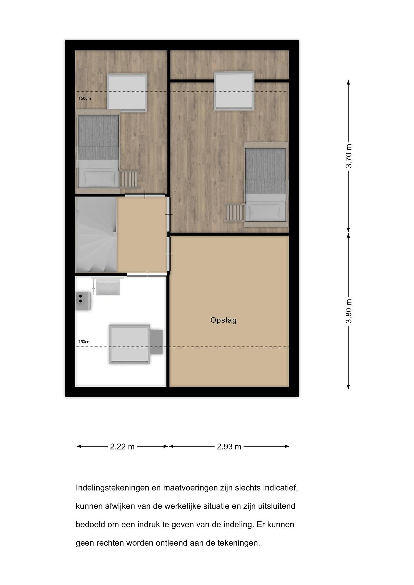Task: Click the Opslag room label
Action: pyautogui.click(x=223, y=320)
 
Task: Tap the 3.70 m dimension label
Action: pyautogui.click(x=349, y=156)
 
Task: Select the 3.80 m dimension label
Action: pyautogui.click(x=349, y=311)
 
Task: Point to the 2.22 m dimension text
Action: pyautogui.click(x=122, y=447)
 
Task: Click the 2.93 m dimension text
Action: pyautogui.click(x=229, y=447)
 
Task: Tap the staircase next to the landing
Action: pyautogui.click(x=96, y=234)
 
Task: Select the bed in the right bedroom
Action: pyautogui.click(x=266, y=185)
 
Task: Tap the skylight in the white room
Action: pyautogui.click(x=129, y=344)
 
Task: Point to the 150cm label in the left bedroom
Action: pyautogui.click(x=84, y=98)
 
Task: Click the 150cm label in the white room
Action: pyautogui.click(x=84, y=342)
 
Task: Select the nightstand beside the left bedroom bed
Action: pyautogui.click(x=130, y=179)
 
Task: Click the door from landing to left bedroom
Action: pyautogui.click(x=145, y=195)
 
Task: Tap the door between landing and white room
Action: pyautogui.click(x=147, y=274)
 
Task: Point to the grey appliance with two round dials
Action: pyautogui.click(x=83, y=301)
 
